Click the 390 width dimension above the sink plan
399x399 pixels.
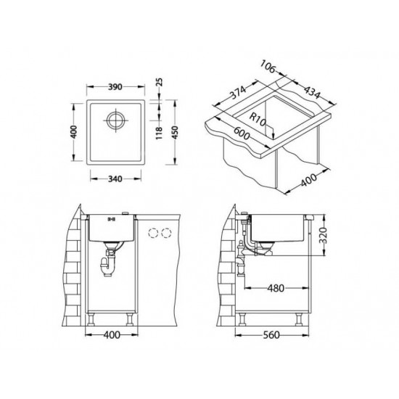pos(115,85)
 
